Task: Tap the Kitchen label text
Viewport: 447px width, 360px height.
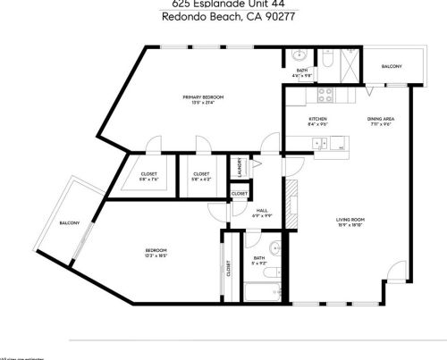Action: (317, 119)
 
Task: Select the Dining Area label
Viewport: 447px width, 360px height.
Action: (382, 119)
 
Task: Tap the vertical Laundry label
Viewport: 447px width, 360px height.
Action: (240, 167)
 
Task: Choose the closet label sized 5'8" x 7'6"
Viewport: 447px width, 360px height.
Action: (149, 174)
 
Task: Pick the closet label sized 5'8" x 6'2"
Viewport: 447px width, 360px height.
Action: (201, 174)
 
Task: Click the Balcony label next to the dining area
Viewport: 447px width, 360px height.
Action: (392, 67)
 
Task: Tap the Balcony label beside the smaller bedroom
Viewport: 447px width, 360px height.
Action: (70, 222)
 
